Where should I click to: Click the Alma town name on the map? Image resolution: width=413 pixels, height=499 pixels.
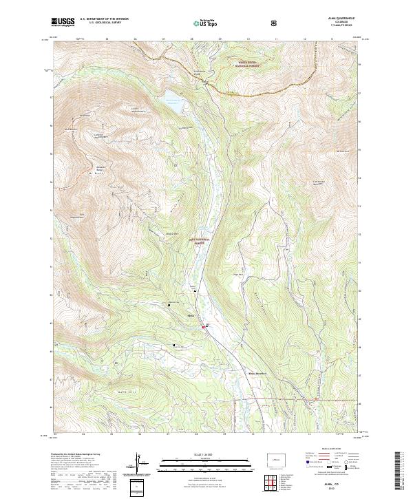click(x=192, y=316)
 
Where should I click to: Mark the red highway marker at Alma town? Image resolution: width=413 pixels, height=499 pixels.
click(x=203, y=326)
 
